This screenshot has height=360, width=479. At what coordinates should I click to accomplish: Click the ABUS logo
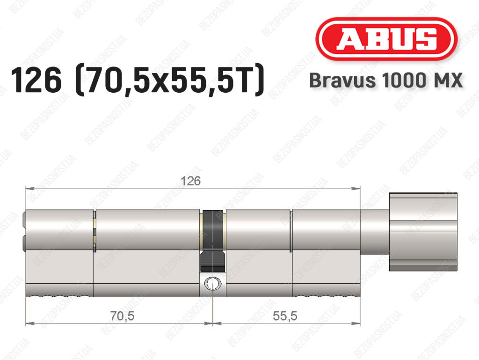[x=386, y=39]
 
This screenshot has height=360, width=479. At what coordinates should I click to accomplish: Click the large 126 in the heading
[x=36, y=80]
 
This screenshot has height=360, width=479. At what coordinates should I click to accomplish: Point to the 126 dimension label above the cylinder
[x=191, y=181]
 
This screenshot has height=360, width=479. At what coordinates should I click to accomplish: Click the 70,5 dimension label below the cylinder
[x=122, y=316]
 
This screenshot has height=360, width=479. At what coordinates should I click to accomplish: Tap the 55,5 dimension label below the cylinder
[x=285, y=316]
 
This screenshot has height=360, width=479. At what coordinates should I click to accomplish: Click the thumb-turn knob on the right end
[x=423, y=232]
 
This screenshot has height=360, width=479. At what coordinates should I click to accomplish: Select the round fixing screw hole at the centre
[x=212, y=283]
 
